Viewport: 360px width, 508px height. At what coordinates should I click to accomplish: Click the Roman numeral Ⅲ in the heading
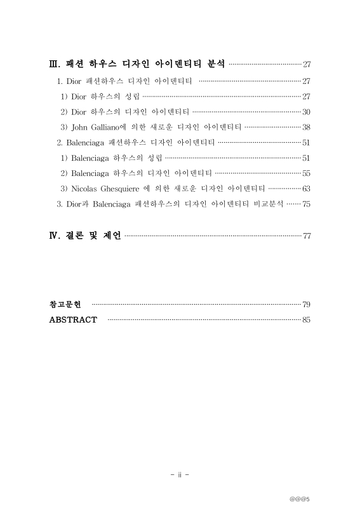pyautogui.click(x=53, y=63)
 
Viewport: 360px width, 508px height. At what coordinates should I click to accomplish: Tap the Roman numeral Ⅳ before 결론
pyautogui.click(x=53, y=236)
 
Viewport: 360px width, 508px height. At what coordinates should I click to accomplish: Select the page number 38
pyautogui.click(x=306, y=126)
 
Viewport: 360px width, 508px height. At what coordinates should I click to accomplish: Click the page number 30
pyautogui.click(x=306, y=111)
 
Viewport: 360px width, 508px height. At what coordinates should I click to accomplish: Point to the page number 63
pyautogui.click(x=306, y=188)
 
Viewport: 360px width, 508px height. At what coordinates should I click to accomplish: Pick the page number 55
pyautogui.click(x=306, y=173)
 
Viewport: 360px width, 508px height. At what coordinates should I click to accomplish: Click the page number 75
pyautogui.click(x=306, y=204)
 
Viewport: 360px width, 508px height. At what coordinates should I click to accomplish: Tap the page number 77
pyautogui.click(x=307, y=236)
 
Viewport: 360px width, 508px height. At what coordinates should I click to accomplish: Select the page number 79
pyautogui.click(x=306, y=304)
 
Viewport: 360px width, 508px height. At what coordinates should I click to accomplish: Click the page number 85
pyautogui.click(x=306, y=319)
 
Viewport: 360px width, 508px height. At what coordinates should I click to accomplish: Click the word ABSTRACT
pyautogui.click(x=73, y=319)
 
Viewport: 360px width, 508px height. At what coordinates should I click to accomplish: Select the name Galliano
pyautogui.click(x=107, y=126)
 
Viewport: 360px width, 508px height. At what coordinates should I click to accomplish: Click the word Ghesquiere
pyautogui.click(x=119, y=188)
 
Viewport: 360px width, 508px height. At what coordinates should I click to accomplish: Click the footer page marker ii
pyautogui.click(x=180, y=474)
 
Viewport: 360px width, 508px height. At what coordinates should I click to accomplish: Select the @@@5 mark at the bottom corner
pyautogui.click(x=298, y=498)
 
